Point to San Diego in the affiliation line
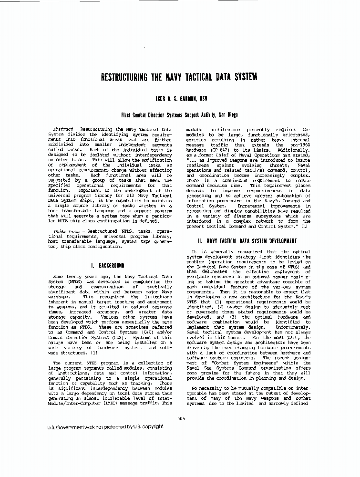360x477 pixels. [x=227, y=115]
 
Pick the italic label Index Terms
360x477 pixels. [x=62, y=231]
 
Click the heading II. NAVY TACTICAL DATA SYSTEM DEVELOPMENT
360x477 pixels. [x=247, y=241]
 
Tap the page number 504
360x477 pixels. [x=180, y=418]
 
